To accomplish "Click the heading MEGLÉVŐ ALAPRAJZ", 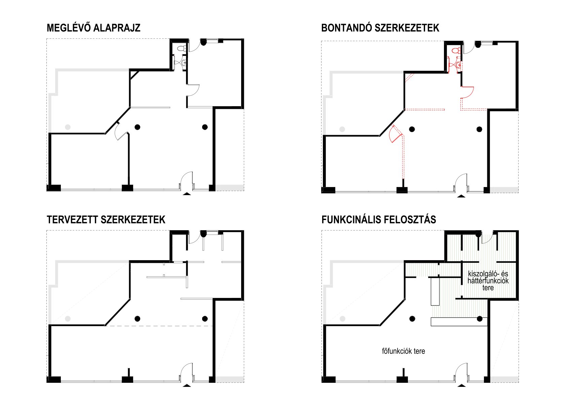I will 93,28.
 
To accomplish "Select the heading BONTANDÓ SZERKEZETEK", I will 380,28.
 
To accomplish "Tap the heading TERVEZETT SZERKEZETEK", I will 106,220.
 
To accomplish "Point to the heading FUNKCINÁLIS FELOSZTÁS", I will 379,220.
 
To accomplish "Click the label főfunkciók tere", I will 403,351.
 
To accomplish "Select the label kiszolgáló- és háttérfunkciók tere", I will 488,281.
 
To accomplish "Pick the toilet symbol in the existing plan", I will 181,49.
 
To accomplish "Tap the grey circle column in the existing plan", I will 68,127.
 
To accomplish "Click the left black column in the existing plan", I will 137,127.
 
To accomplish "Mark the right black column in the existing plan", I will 205,127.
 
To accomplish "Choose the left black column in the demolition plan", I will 412,129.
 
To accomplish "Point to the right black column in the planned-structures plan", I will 205,319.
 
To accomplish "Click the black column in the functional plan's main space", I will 412,319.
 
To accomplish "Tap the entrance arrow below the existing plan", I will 186,193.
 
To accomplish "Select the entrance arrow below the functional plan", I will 461,385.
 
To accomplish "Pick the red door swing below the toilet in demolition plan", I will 467,92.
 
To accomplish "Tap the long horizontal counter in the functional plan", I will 459,322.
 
